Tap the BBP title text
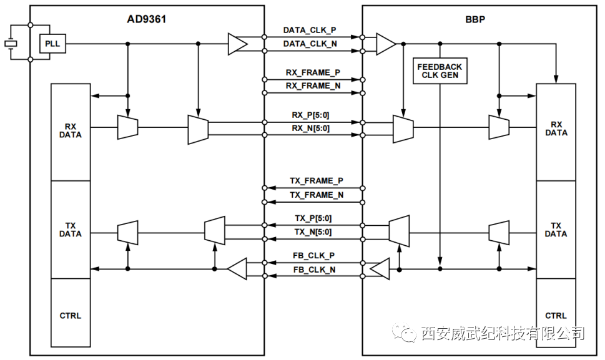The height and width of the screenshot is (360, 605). pyautogui.click(x=475, y=19)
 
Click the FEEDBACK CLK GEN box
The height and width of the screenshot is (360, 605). pyautogui.click(x=440, y=71)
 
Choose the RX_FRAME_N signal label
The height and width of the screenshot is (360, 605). pyautogui.click(x=313, y=85)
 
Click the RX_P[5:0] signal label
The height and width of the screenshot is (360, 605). pyautogui.click(x=310, y=115)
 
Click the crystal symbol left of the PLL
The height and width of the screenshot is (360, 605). pyautogui.click(x=11, y=44)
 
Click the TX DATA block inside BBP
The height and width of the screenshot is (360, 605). pyautogui.click(x=556, y=230)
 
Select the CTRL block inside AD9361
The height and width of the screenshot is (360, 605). pyautogui.click(x=70, y=316)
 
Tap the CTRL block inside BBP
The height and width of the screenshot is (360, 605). pyautogui.click(x=556, y=316)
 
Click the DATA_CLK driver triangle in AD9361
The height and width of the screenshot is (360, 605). pyautogui.click(x=237, y=44)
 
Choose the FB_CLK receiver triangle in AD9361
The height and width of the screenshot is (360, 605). pyautogui.click(x=237, y=269)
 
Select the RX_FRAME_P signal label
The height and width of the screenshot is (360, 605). pyautogui.click(x=313, y=72)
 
